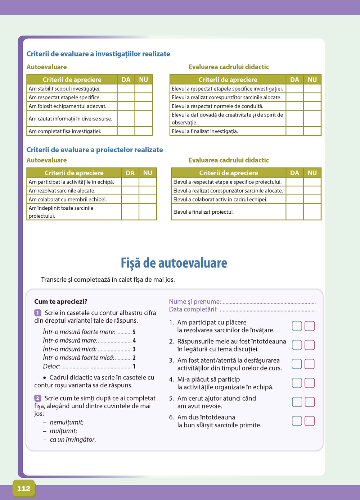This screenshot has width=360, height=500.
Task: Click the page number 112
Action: point(24,488)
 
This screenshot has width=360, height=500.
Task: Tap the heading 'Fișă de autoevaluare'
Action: point(174,263)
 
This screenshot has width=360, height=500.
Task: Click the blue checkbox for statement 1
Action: point(297,326)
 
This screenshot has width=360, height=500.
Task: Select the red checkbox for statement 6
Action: point(310,421)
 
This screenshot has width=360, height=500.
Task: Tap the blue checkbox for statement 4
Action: point(297,383)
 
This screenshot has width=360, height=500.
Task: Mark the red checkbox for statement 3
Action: point(310,364)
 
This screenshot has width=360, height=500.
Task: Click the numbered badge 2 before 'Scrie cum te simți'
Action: point(38,398)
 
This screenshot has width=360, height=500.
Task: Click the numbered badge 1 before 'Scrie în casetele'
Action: point(38,313)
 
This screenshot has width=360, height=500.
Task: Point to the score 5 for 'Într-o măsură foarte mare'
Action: point(134,332)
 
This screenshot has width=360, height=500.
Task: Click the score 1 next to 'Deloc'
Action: point(134,367)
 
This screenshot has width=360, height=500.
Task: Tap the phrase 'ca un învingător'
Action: point(73,440)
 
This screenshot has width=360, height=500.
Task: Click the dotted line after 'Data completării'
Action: point(267,310)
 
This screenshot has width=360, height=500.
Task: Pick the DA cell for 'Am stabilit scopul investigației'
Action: point(126,88)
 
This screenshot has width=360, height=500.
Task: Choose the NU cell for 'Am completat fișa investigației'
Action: point(144,131)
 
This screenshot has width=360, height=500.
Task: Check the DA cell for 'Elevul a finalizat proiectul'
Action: point(294,212)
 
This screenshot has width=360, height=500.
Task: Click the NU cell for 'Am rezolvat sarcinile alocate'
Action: point(148,191)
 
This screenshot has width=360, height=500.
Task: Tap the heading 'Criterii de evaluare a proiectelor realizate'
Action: point(95,150)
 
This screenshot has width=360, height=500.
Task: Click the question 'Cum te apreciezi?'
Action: point(61,301)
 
